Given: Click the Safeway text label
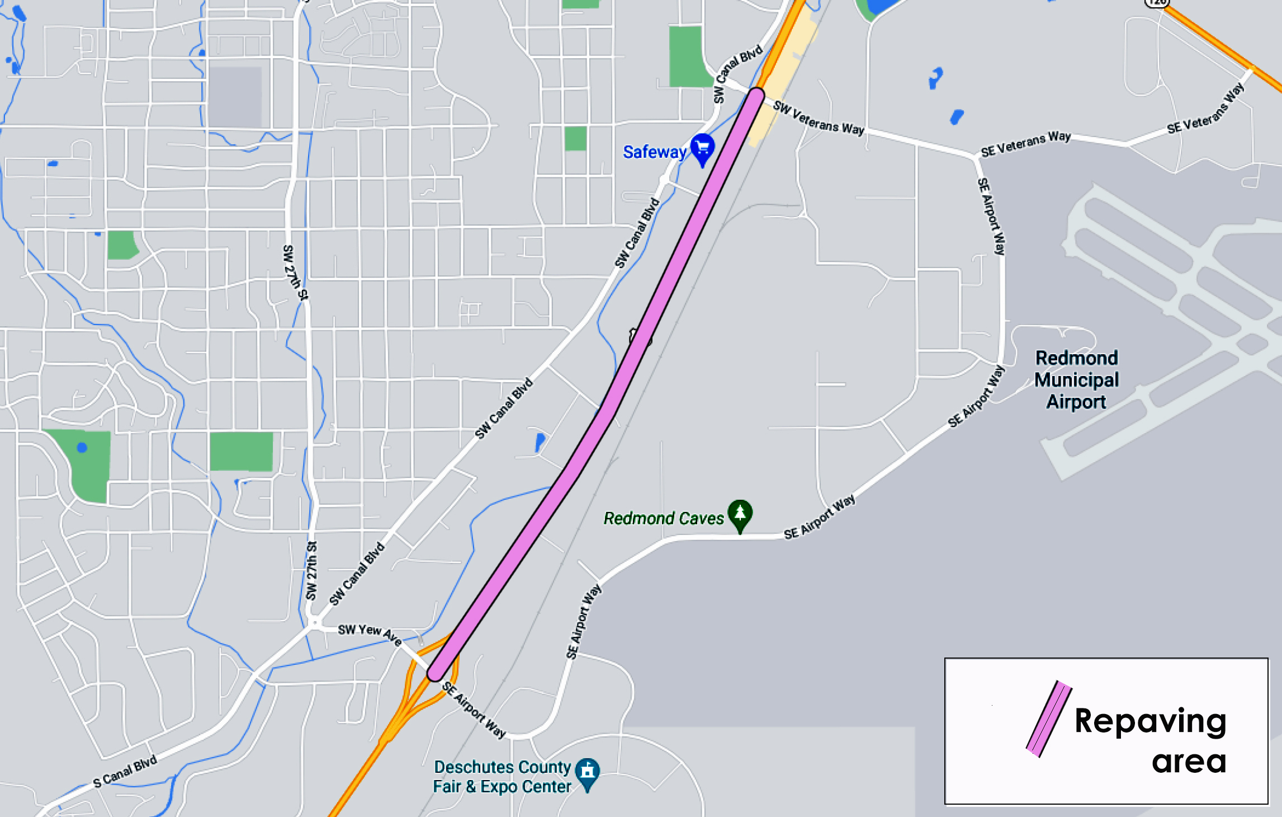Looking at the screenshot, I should (x=654, y=152).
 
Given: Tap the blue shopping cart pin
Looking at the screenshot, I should (x=702, y=149).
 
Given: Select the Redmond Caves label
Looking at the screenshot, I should (x=664, y=519).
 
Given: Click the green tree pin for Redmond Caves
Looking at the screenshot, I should (x=740, y=514).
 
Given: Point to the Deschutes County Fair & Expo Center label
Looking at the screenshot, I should (x=502, y=777).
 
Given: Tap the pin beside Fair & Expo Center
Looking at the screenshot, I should (x=587, y=773).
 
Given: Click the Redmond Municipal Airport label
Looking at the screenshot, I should (x=1076, y=380).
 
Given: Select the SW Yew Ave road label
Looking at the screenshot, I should (x=370, y=633).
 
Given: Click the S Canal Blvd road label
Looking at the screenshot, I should (x=125, y=772).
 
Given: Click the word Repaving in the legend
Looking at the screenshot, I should (x=1150, y=720).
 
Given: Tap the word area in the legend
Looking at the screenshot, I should (x=1189, y=762).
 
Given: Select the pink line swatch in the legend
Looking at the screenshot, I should (x=1049, y=719).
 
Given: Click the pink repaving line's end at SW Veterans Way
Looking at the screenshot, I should (x=755, y=96).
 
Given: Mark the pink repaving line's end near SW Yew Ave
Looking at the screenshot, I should (x=436, y=672).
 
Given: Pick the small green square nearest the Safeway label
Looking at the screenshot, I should (x=575, y=138).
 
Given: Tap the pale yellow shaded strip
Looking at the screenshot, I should (x=783, y=84).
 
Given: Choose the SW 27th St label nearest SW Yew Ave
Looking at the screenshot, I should (x=311, y=571).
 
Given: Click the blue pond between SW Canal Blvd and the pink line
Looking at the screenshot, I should (x=540, y=441).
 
